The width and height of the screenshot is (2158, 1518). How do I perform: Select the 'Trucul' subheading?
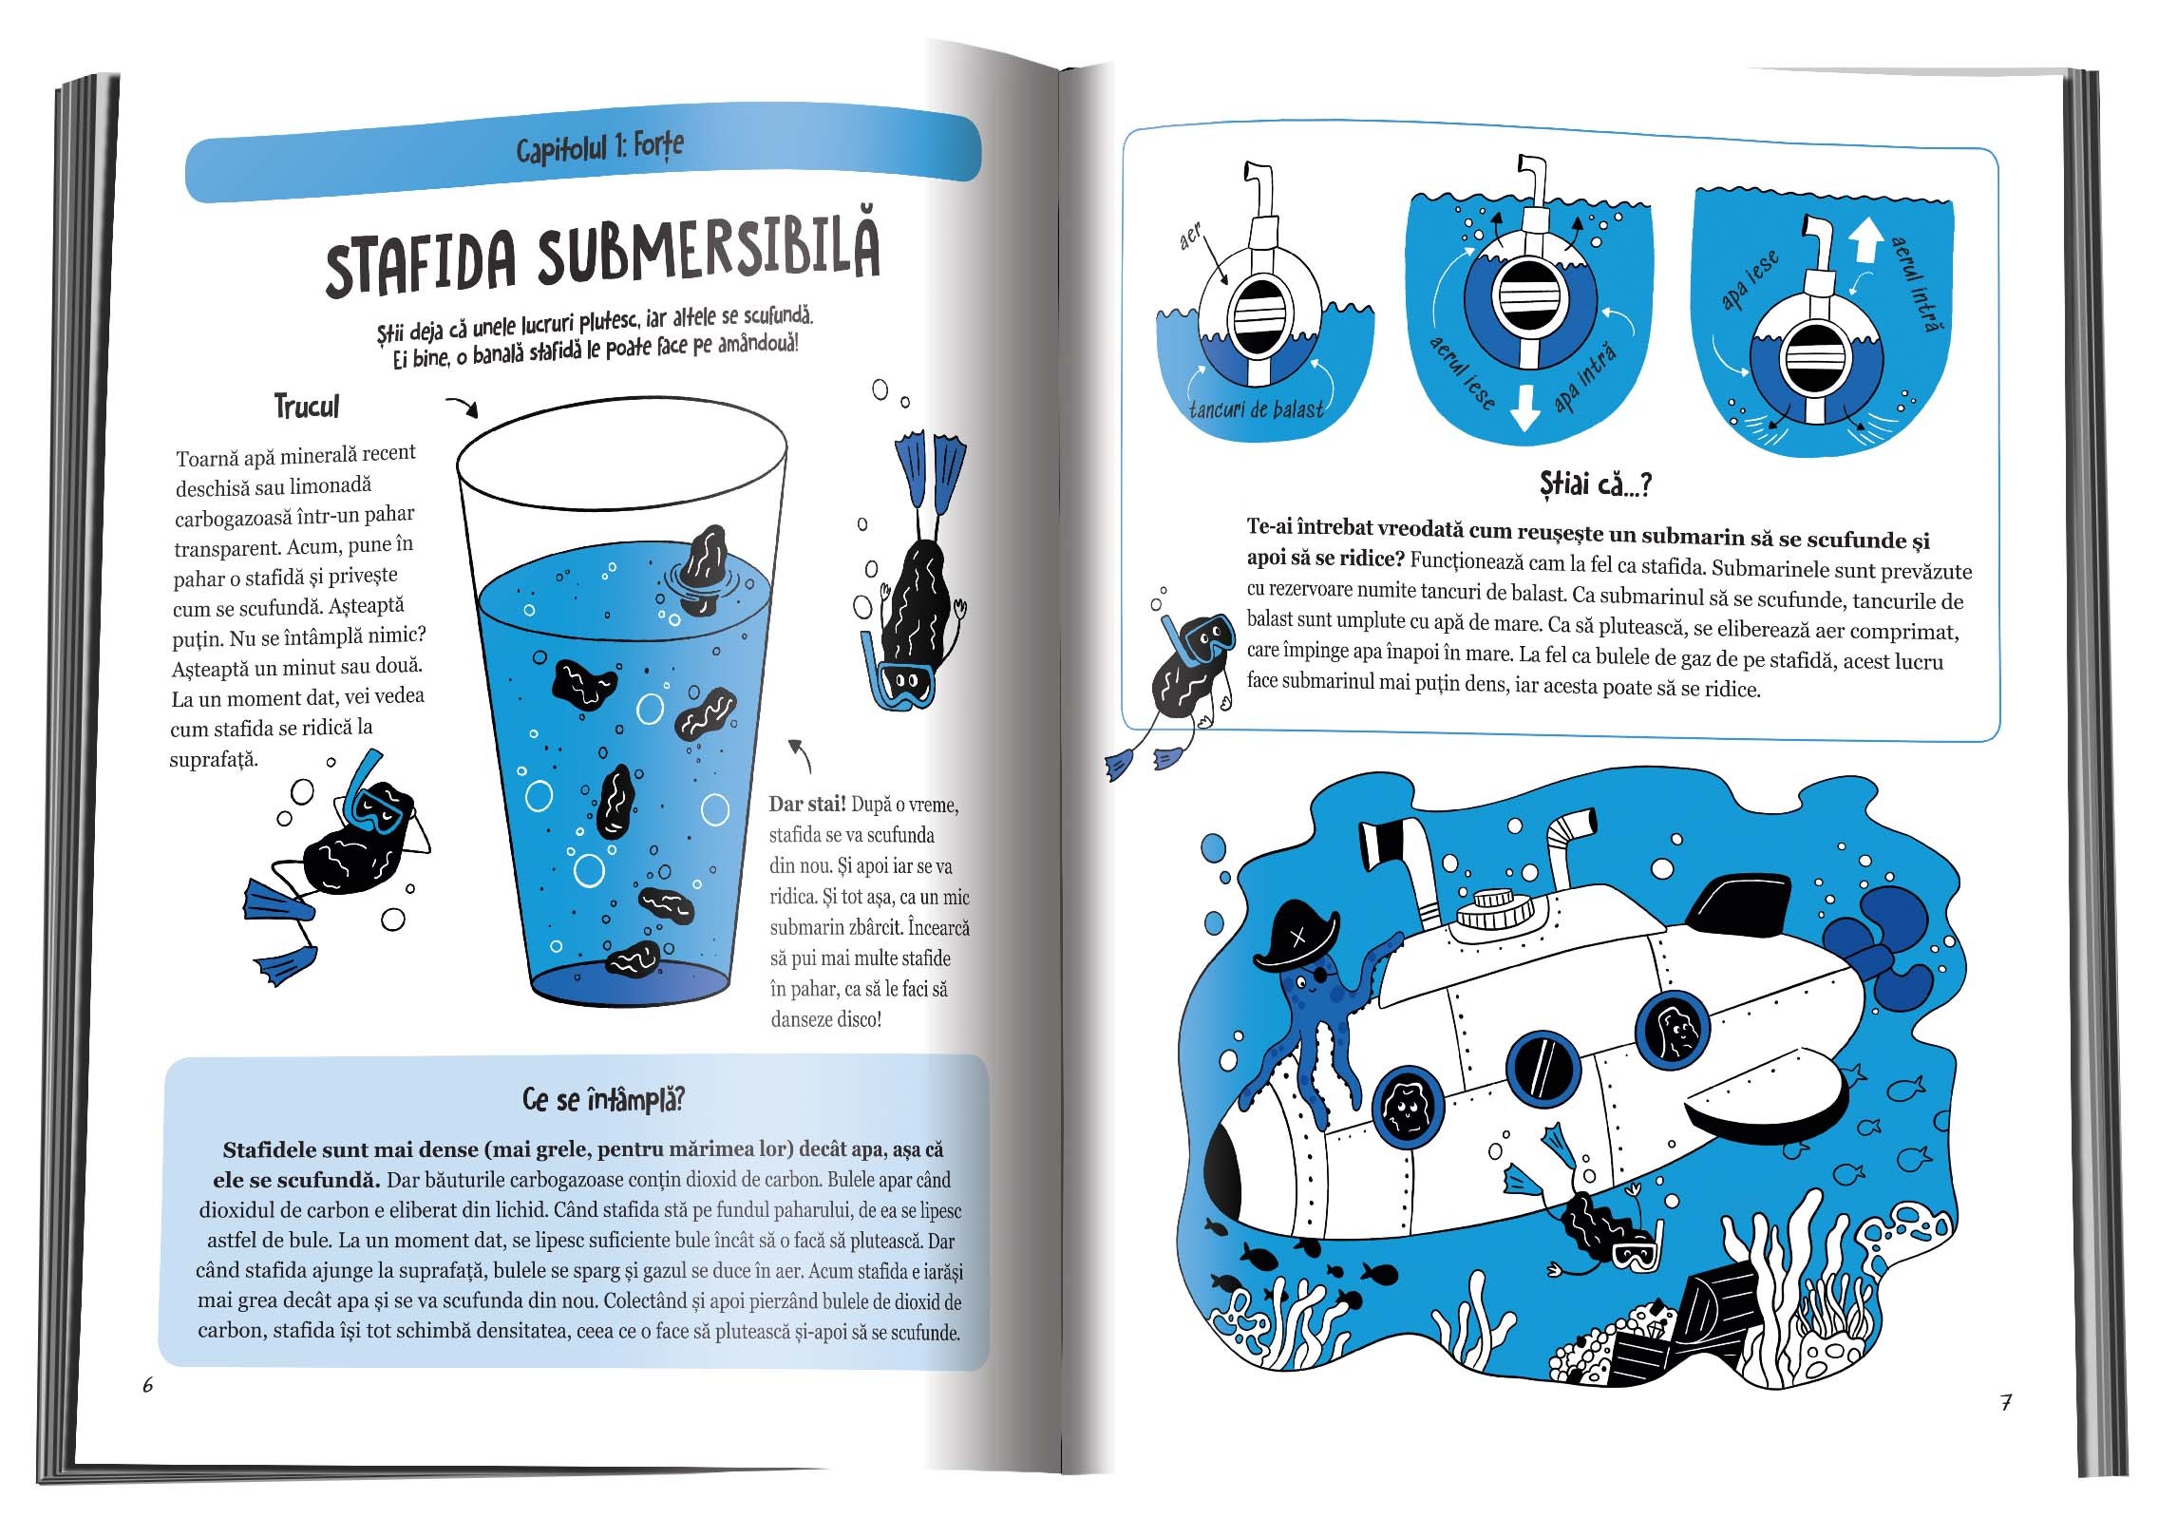pos(306,407)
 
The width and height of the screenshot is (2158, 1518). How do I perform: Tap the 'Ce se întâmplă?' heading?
pos(603,1100)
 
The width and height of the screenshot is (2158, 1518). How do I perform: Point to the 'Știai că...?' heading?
pos(1596,484)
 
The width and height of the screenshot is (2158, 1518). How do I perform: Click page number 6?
pos(147,1385)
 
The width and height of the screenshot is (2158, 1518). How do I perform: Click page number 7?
pos(2006,1402)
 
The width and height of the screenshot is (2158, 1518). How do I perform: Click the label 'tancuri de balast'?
pos(1256,410)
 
